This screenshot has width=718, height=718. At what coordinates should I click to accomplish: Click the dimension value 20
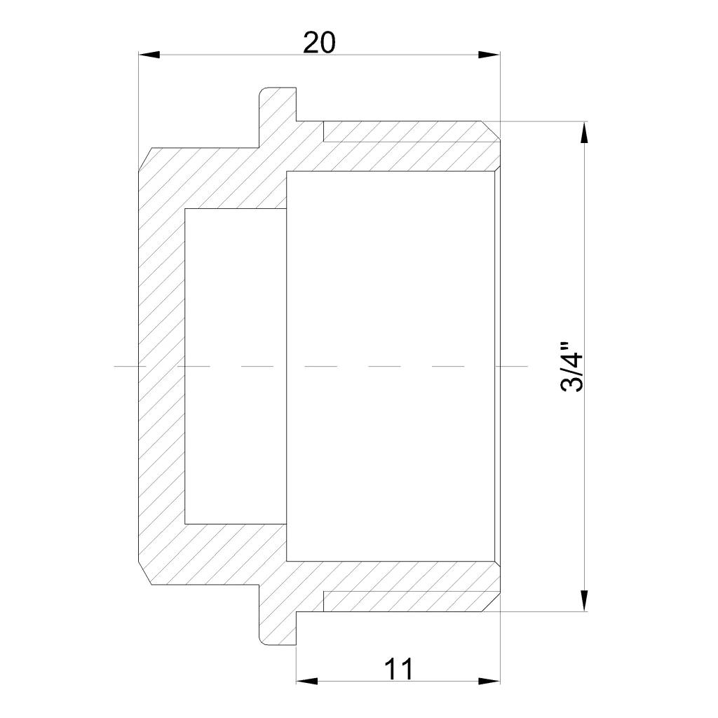[319, 43]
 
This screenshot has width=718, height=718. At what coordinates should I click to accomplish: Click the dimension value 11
[398, 669]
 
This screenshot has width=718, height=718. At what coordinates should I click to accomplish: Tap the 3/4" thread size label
[572, 366]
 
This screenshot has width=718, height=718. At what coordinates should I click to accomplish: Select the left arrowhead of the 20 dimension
[149, 55]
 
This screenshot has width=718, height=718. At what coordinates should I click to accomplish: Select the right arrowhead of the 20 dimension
[489, 55]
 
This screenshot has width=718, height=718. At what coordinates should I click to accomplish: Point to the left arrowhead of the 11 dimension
[307, 682]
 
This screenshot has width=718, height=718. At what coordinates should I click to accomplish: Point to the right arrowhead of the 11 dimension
[489, 682]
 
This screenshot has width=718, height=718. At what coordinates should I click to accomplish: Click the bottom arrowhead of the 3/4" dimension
[584, 600]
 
